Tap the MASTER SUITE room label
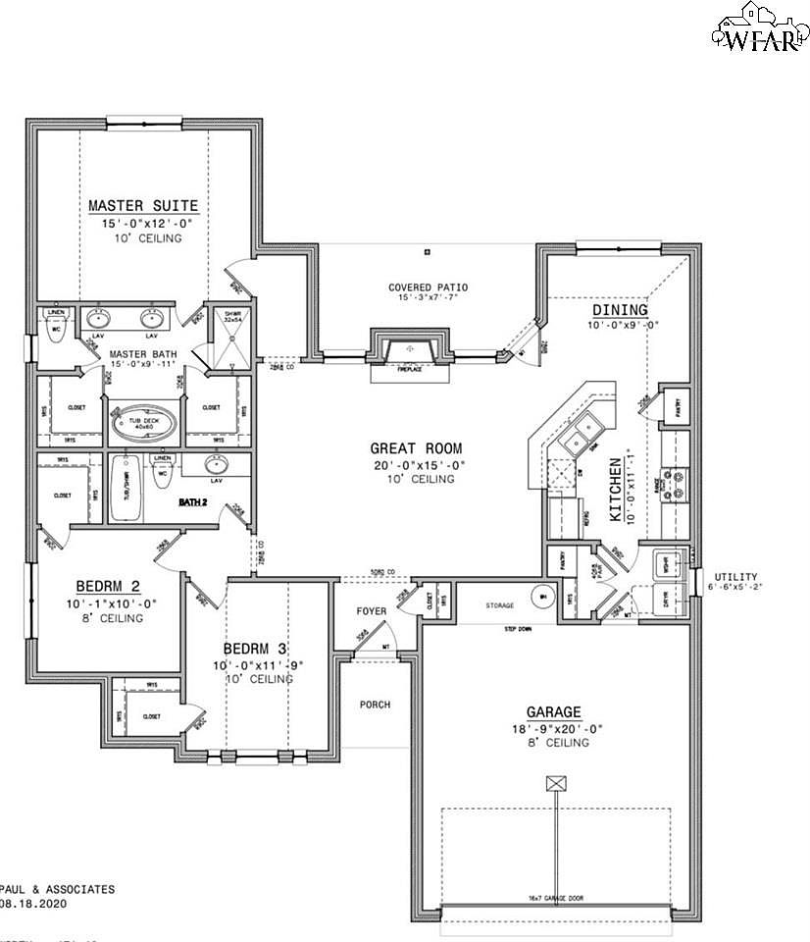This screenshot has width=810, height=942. tap(143, 206)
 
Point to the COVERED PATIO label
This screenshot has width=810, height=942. tap(428, 288)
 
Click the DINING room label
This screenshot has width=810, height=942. tap(619, 310)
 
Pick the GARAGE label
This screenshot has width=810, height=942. tap(554, 711)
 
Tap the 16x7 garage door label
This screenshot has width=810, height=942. tap(555, 899)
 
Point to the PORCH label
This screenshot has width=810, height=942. tap(375, 705)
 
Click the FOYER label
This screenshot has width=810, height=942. tap(371, 611)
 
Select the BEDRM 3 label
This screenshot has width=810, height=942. tap(256, 649)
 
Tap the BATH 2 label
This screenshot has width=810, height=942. tap(193, 501)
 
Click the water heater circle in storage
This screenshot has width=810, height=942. tap(541, 595)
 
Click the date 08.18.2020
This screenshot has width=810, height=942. tap(34, 905)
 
